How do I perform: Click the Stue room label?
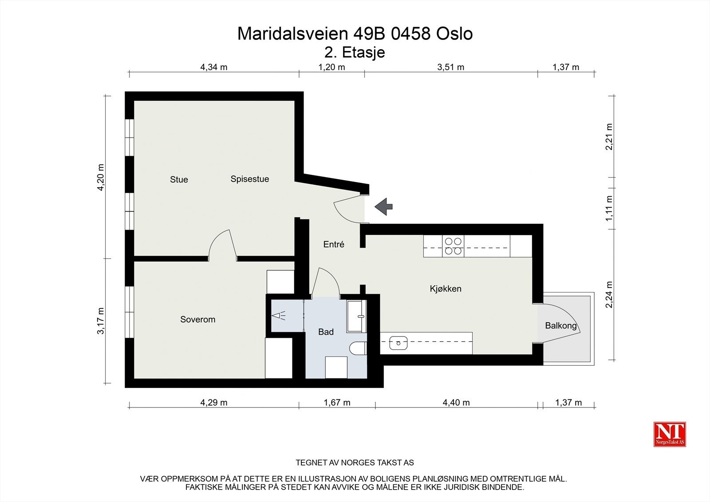[179, 179]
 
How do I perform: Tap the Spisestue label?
[249, 179]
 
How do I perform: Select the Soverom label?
[197, 319]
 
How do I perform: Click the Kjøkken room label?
[446, 289]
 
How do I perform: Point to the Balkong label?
[560, 326]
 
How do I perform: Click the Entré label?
[334, 244]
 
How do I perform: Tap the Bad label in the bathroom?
[326, 332]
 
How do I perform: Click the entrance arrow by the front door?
[384, 206]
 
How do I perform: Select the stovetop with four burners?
[453, 246]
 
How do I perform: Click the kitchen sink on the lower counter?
[398, 342]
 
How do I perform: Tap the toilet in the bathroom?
[358, 348]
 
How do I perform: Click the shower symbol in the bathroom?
[279, 316]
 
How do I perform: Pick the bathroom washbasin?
[357, 316]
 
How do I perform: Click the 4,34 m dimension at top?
[213, 67]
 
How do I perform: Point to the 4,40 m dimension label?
[456, 403]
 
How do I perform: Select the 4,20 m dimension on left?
[101, 177]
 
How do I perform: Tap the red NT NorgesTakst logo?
[670, 434]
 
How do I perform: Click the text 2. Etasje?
[355, 52]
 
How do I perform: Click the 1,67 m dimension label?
[337, 403]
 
